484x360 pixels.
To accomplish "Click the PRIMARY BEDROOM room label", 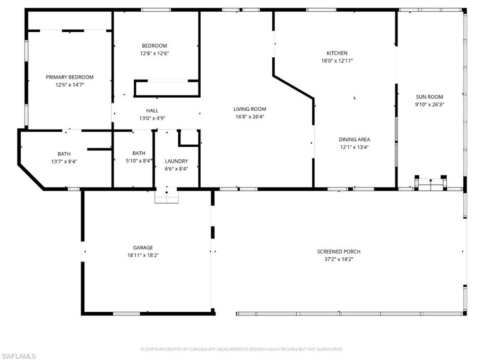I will [69, 77].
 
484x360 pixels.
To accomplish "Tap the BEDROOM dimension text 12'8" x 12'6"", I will [154, 53].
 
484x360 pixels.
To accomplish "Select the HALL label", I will [152, 111].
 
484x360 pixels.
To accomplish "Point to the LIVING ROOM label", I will [250, 109].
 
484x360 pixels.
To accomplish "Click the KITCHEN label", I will [337, 53].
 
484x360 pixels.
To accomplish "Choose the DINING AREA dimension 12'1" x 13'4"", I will [354, 147].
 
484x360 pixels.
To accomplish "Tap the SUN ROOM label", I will [429, 97].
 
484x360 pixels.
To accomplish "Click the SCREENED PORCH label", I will [338, 252].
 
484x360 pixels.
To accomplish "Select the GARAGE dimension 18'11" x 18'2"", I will [143, 255].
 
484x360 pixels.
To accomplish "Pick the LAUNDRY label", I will [176, 161].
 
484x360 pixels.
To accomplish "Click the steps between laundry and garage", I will [167, 196].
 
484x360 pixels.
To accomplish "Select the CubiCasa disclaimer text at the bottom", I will [242, 349].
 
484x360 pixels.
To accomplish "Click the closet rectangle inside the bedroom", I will [166, 88].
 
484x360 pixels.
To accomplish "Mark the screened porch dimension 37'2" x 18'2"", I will [338, 259].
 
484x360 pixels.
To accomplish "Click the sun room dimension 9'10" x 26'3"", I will [429, 105].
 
